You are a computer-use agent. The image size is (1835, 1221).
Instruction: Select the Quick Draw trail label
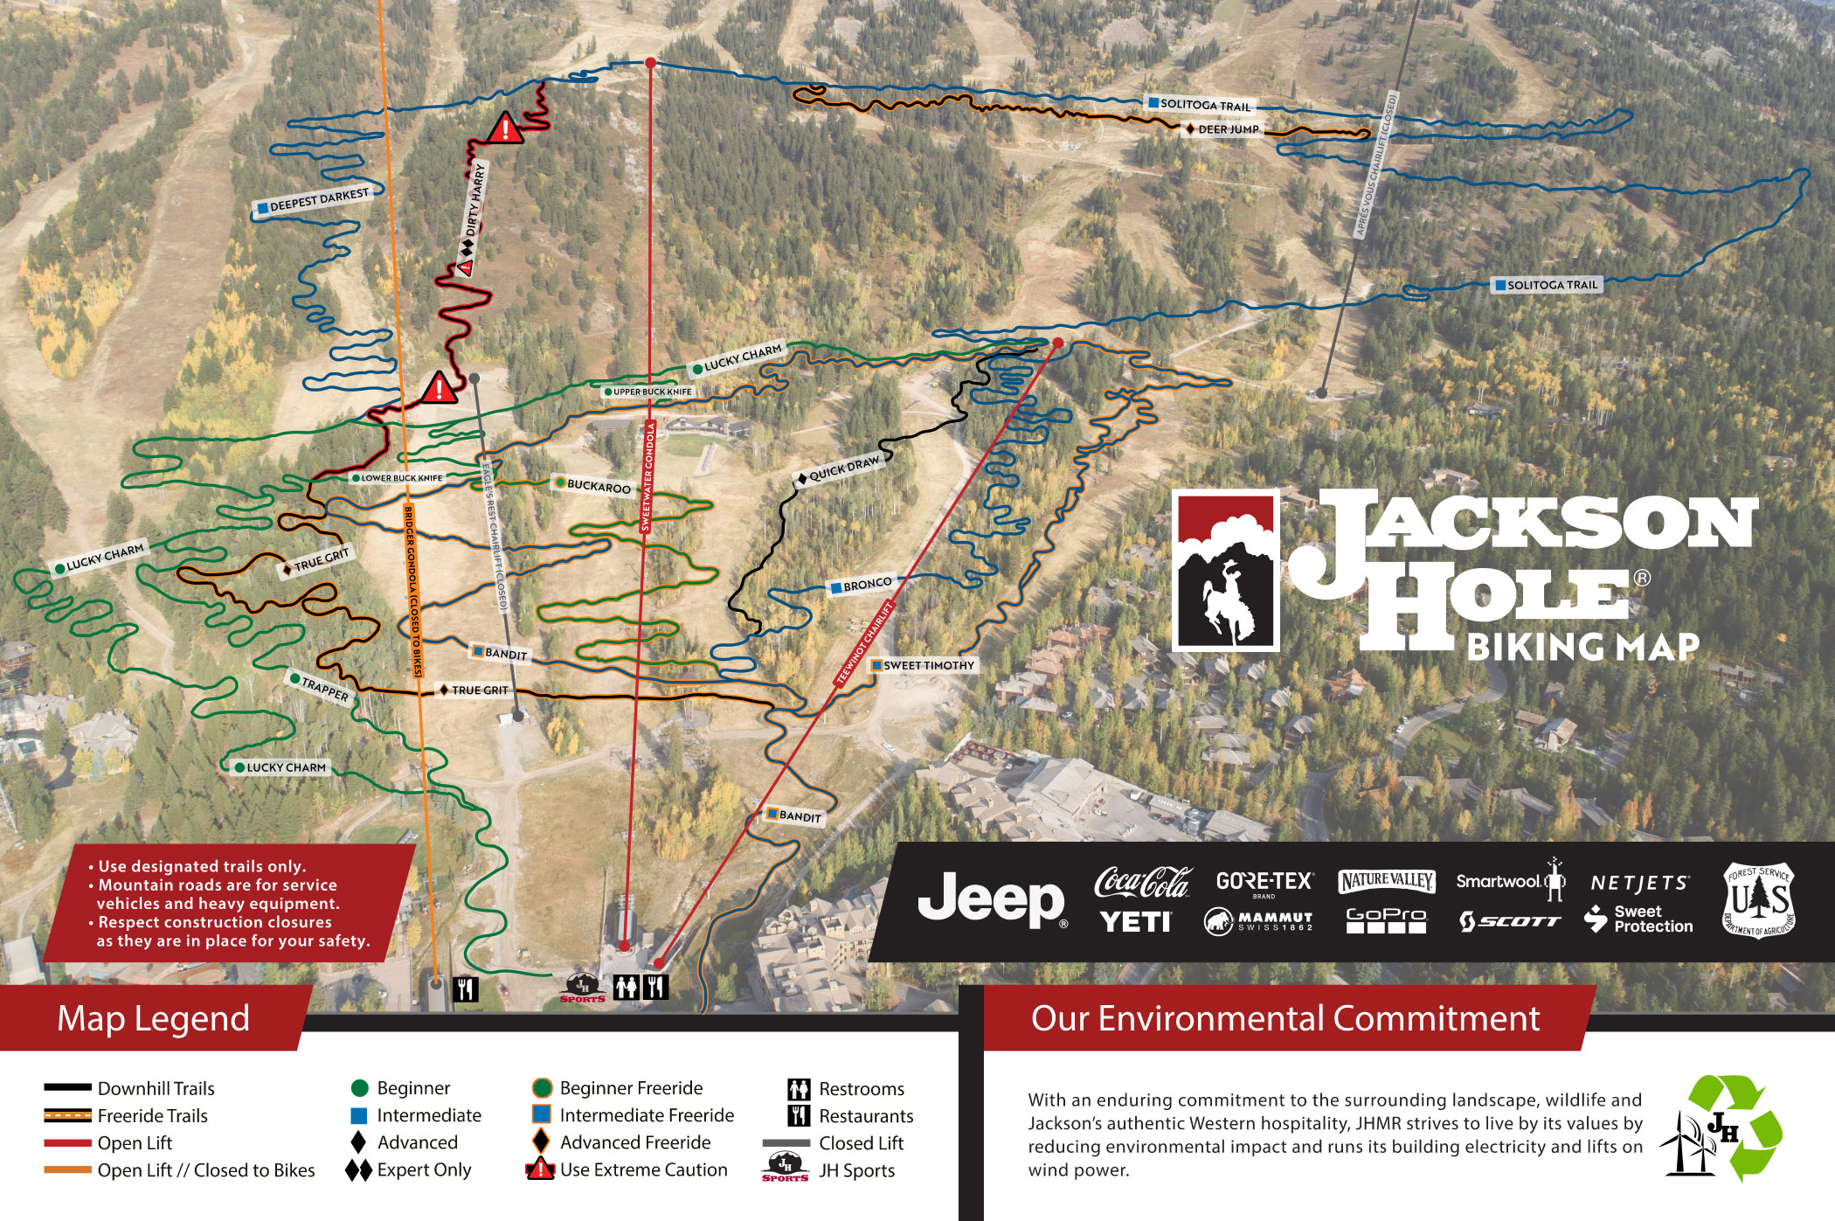pos(838,469)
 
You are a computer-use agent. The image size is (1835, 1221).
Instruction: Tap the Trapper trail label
pos(321,688)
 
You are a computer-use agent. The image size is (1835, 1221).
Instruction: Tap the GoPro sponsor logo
pos(1386,919)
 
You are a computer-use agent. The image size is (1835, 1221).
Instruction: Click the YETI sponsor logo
pos(1135,921)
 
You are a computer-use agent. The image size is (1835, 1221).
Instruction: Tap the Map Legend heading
pos(153,1019)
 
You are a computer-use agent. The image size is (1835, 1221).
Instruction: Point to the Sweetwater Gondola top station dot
pos(650,63)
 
